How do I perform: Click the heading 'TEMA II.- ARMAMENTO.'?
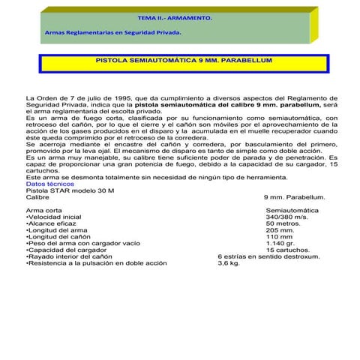165,16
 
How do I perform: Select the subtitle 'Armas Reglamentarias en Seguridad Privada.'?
112,33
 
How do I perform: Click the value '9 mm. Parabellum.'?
295,197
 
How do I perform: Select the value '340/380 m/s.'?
286,217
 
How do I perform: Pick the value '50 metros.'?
283,224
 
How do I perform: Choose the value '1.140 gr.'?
280,244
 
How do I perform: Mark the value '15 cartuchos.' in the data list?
289,250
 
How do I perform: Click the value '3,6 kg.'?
229,264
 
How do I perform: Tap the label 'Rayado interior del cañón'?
70,257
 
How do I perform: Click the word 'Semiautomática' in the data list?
292,211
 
